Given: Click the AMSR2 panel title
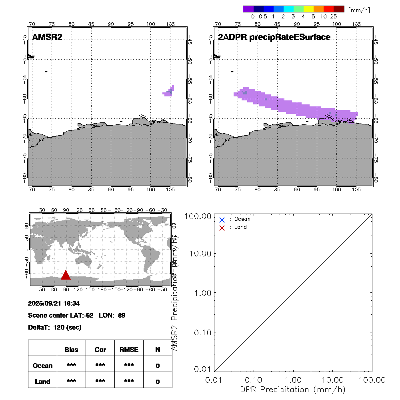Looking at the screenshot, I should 47,37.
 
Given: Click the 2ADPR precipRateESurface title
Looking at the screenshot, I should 274,37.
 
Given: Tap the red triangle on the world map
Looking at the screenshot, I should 66,275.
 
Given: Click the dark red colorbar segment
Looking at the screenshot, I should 339,9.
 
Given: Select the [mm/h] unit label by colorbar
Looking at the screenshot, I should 359,10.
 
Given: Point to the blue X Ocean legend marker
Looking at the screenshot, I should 222,220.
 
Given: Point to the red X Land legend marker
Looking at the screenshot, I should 222,228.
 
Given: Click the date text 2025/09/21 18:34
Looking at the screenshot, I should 51,304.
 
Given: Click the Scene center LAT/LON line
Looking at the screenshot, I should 77,315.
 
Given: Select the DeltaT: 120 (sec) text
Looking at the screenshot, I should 55,327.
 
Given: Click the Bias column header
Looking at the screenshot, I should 71,350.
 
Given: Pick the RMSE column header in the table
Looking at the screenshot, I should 129,350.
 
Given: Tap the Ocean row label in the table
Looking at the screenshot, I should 42,366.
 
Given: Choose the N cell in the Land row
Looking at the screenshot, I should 158,382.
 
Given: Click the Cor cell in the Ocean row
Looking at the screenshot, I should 100,366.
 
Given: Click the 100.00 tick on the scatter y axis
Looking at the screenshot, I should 200,216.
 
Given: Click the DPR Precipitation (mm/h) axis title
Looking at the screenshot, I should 293,389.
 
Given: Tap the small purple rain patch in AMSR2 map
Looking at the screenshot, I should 169,91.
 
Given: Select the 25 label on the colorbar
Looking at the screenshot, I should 334,16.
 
